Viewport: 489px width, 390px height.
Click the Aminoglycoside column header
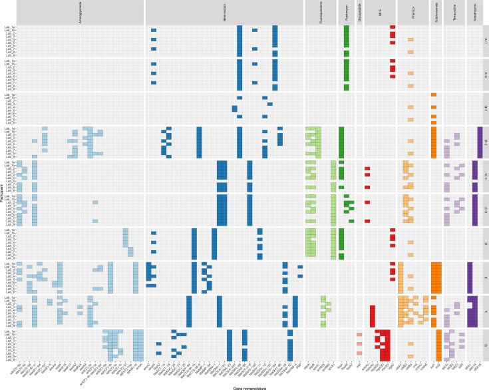80,12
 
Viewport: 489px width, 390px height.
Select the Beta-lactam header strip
224,12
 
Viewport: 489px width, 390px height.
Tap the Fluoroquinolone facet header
321,12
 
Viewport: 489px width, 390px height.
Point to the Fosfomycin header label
347,12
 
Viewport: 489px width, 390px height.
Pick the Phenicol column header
413,12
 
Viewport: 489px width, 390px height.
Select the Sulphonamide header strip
436,12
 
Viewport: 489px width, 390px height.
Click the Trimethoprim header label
475,12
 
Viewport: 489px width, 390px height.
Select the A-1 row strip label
486,41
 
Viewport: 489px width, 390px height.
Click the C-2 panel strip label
486,210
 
